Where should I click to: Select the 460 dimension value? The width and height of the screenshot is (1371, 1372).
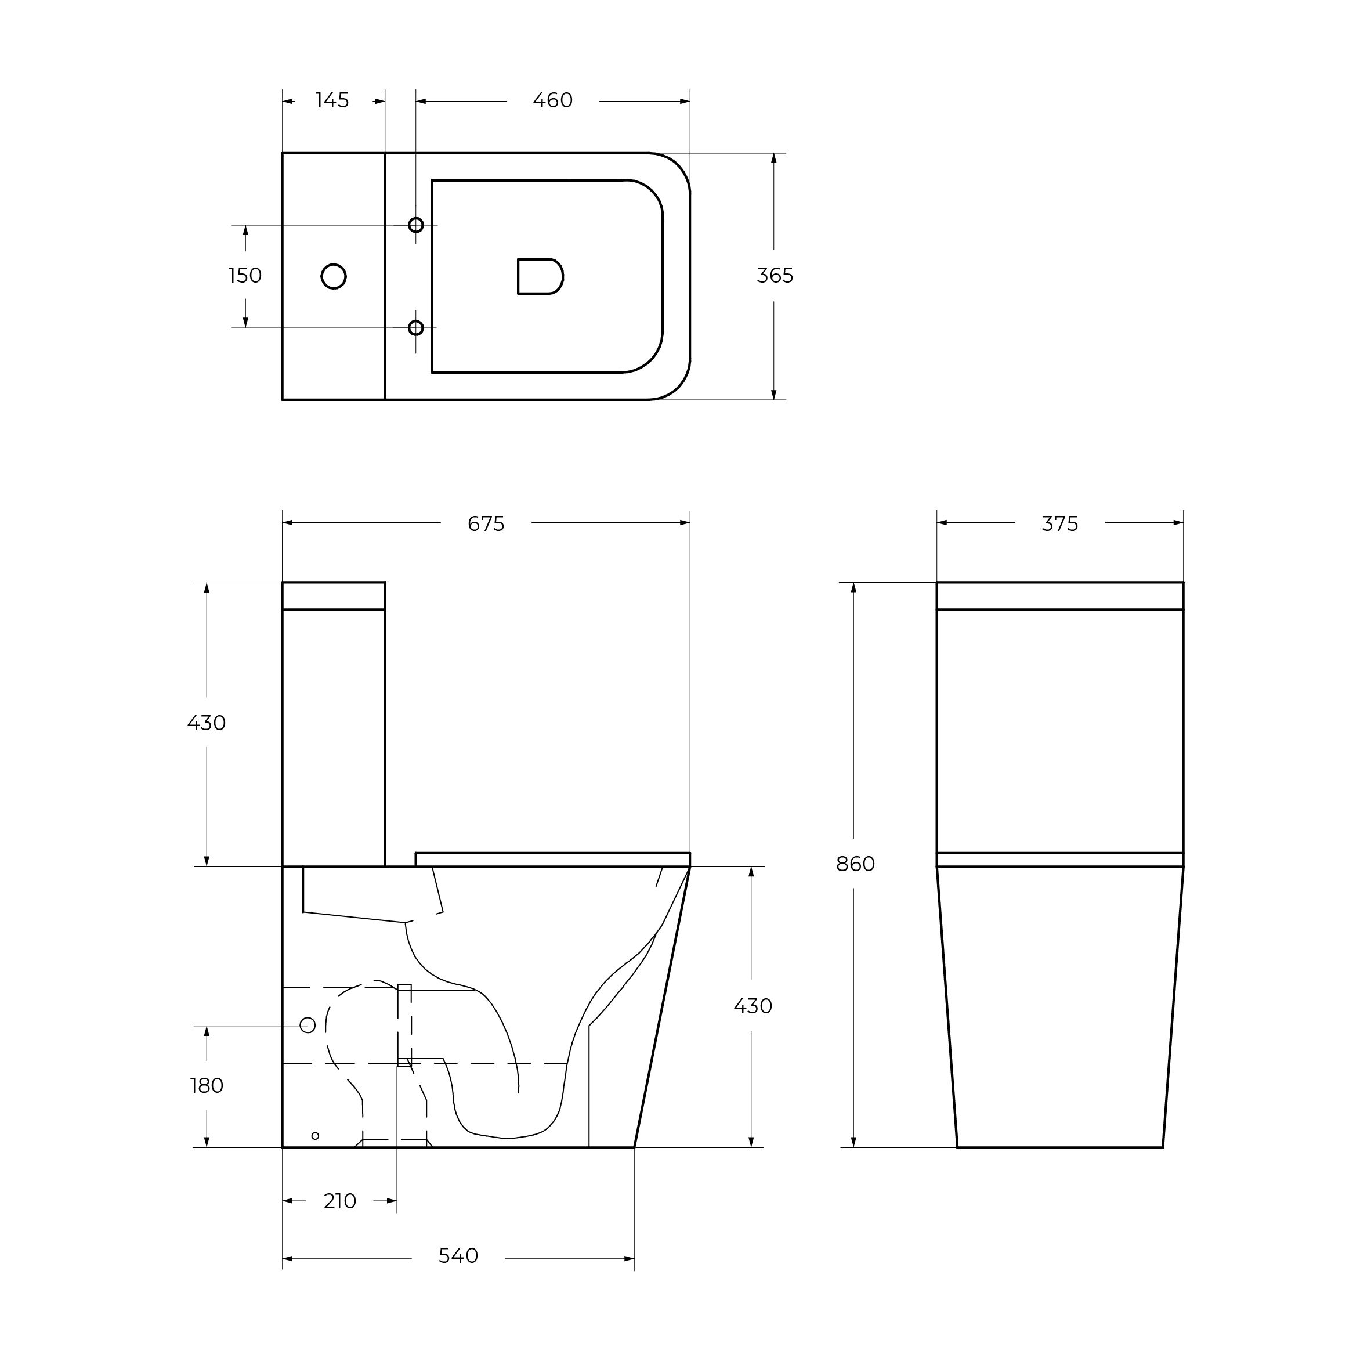click(x=552, y=101)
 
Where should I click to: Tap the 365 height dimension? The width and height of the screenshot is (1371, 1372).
click(x=775, y=276)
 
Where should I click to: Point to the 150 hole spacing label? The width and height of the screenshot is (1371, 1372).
click(x=245, y=276)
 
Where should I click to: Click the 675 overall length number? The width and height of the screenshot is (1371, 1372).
click(x=486, y=524)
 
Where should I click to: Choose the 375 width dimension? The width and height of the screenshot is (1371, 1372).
click(x=1059, y=524)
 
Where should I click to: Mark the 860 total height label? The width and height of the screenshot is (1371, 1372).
click(x=855, y=864)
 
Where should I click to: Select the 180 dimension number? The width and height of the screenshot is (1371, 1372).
click(x=207, y=1086)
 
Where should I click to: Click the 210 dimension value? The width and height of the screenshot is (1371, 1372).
click(x=339, y=1201)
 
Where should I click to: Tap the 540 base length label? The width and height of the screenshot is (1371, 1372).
click(x=458, y=1257)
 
